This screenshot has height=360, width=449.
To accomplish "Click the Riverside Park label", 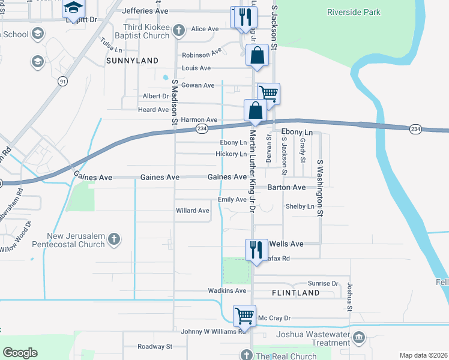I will click(x=354, y=12).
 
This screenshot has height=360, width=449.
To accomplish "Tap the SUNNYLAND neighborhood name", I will click(x=132, y=61).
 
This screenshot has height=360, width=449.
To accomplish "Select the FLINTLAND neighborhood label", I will click(x=295, y=293).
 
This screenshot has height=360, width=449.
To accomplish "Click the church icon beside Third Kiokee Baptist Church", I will click(x=178, y=30).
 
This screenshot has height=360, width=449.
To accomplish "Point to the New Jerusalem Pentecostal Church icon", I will click(x=113, y=240).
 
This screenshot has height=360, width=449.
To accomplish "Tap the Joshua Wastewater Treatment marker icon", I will click(x=359, y=337).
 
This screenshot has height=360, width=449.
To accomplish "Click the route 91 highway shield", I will click(x=62, y=80).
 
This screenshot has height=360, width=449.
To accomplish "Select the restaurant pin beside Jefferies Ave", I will click(x=243, y=17).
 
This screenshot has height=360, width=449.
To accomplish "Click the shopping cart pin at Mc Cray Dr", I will click(x=244, y=316).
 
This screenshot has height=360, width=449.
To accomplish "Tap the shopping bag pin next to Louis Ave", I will click(x=256, y=56).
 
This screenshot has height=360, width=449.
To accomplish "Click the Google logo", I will click(x=20, y=353).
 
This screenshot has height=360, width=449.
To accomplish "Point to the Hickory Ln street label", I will click(x=231, y=154).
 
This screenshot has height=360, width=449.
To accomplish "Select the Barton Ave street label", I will click(x=286, y=187).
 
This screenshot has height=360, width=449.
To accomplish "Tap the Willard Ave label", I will click(x=193, y=211).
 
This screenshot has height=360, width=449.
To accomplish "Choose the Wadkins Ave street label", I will click(x=228, y=291).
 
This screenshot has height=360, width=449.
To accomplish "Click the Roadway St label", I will click(x=155, y=347).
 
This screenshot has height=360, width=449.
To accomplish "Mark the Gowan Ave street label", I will click(x=197, y=85).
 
